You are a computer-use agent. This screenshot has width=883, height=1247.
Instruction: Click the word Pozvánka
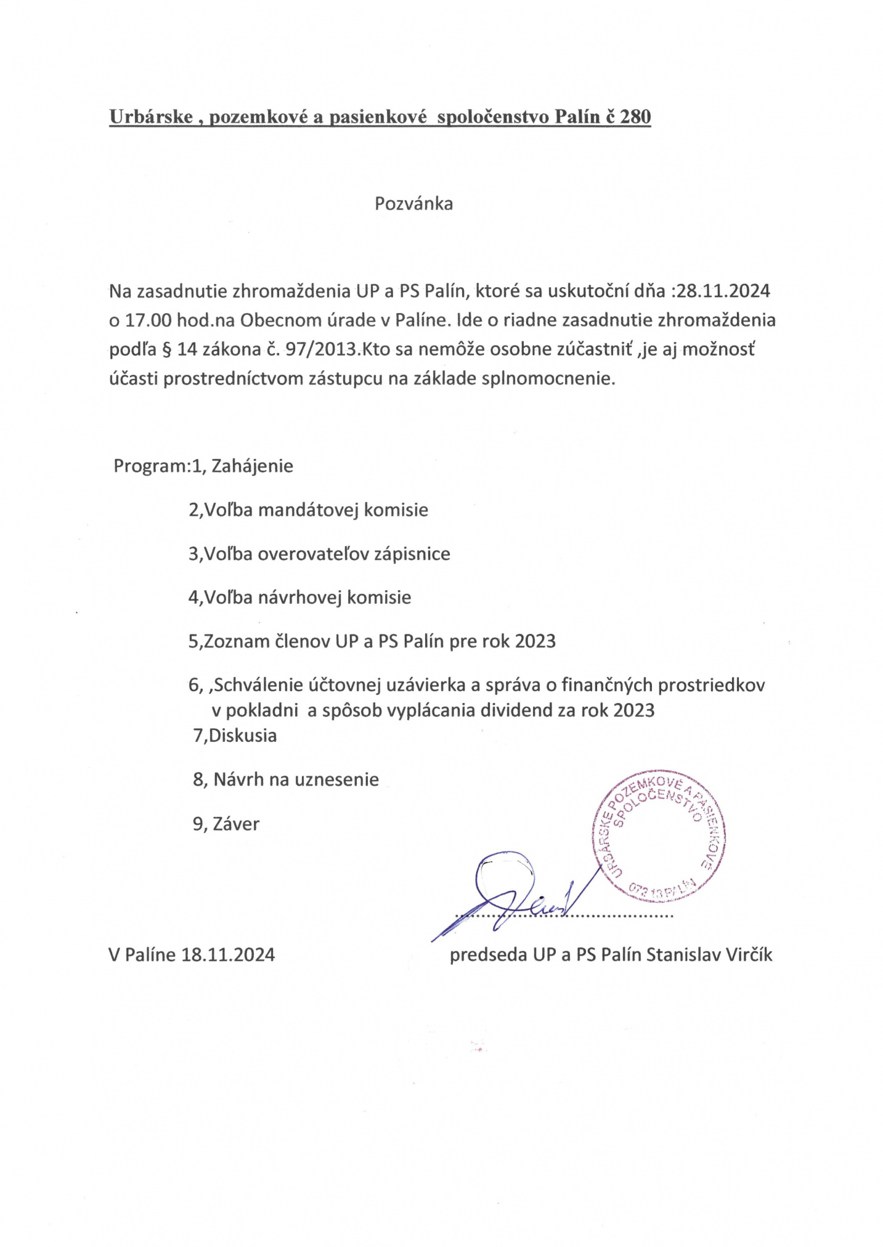[413, 203]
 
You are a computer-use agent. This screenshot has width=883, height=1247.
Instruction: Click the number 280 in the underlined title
[635, 116]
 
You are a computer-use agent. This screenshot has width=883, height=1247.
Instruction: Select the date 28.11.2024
[723, 291]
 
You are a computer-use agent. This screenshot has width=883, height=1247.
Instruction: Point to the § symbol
[165, 349]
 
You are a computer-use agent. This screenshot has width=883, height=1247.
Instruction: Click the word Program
[150, 466]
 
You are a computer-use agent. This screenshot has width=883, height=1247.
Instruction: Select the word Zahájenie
[252, 466]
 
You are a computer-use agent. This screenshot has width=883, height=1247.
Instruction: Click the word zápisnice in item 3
[412, 554]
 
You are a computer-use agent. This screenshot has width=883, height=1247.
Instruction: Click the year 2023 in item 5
[535, 641]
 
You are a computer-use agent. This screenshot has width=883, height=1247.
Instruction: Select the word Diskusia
[243, 736]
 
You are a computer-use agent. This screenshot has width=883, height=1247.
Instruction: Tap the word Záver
[236, 824]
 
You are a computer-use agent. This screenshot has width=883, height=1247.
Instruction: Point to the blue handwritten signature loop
[505, 875]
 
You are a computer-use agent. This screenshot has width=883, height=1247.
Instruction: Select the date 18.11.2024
[228, 954]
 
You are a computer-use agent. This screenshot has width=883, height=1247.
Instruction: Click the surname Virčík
[746, 954]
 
